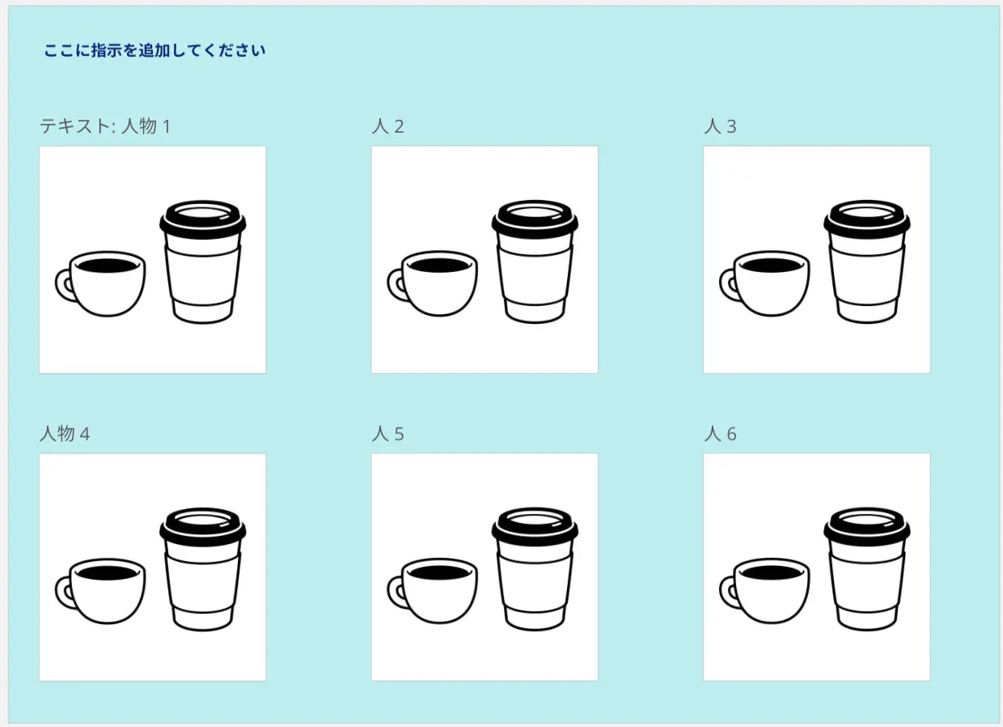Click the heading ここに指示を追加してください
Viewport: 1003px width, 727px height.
point(154,51)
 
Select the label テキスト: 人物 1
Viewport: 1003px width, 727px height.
point(105,126)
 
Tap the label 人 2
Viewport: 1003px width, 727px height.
point(387,126)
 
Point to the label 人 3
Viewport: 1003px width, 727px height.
point(720,126)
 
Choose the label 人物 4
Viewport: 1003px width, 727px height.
point(65,434)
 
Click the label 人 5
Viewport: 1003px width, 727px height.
point(387,434)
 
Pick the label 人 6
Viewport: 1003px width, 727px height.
point(720,434)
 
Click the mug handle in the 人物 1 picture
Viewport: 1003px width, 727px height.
point(63,285)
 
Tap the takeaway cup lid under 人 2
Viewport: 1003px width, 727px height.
point(535,219)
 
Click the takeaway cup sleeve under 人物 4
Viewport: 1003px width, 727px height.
point(202,584)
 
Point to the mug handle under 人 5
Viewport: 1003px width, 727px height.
point(396,593)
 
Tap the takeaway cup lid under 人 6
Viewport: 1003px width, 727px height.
point(867,526)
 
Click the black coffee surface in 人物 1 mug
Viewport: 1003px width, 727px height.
point(107,265)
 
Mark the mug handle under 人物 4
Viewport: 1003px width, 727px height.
point(63,593)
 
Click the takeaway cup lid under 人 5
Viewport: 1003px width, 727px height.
point(535,526)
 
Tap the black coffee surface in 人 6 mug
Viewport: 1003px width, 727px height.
point(771,572)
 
